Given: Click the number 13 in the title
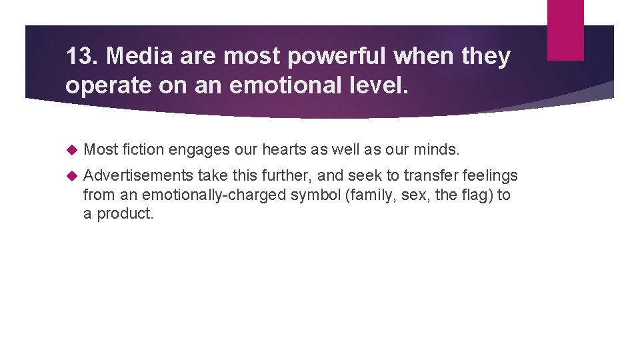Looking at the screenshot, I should (81, 57).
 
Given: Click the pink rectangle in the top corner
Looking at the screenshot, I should (565, 29).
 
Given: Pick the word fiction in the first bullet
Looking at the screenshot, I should (143, 149).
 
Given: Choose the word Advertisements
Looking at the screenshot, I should (139, 175).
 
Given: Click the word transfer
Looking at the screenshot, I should (427, 175).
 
